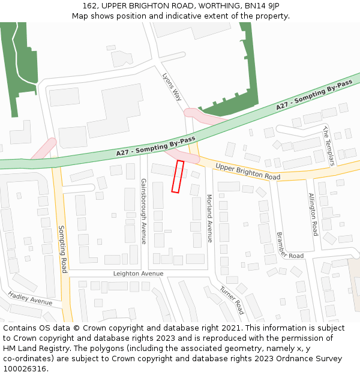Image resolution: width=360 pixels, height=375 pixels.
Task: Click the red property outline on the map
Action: click(x=178, y=176)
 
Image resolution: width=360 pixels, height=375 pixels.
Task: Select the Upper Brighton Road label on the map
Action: click(x=248, y=172)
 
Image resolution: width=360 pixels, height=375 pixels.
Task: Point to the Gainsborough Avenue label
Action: click(x=144, y=211)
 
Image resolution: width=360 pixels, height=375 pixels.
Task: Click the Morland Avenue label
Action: click(x=209, y=218)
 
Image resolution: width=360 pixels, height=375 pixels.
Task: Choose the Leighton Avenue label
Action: click(x=138, y=274)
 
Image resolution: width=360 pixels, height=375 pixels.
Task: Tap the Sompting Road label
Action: click(x=62, y=248)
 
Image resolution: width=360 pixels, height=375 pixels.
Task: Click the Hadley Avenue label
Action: click(x=30, y=298)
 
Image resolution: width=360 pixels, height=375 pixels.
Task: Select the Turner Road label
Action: click(x=231, y=299)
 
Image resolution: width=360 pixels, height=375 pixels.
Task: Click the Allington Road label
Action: click(x=313, y=214)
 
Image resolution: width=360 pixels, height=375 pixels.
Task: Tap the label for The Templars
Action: click(x=328, y=145)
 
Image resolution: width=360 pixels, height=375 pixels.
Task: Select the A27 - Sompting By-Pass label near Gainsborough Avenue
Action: click(x=156, y=148)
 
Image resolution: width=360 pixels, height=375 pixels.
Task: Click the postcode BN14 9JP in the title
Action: click(x=262, y=6)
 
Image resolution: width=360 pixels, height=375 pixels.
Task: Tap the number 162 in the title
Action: click(x=91, y=6)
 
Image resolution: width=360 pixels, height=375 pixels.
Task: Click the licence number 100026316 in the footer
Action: click(x=24, y=368)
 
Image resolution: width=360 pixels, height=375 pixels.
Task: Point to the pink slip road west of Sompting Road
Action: click(x=43, y=148)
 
